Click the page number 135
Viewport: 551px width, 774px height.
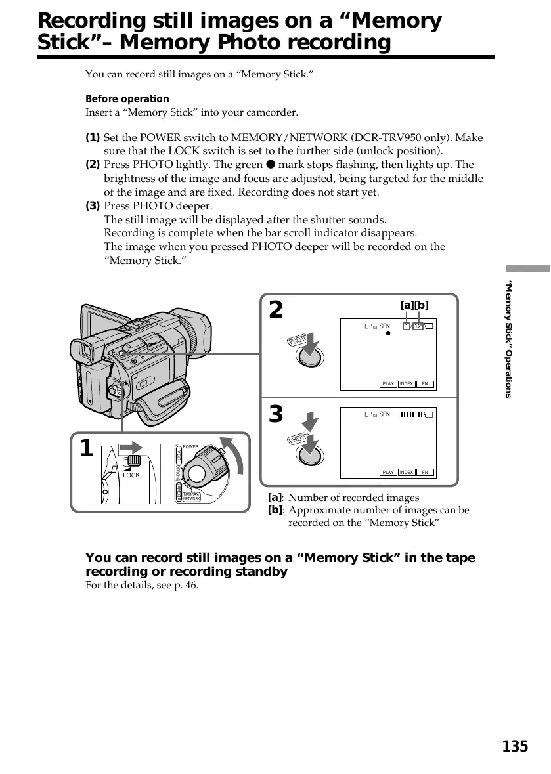click(515, 746)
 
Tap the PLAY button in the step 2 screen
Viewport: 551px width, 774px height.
click(388, 384)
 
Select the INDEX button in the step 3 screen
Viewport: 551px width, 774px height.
click(407, 472)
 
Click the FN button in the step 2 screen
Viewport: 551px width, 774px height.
click(425, 384)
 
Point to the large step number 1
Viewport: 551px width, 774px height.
click(85, 450)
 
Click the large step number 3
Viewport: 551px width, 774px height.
click(276, 415)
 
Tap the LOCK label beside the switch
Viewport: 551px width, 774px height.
click(131, 475)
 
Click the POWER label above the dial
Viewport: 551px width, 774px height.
click(190, 447)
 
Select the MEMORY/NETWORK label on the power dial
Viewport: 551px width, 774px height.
click(191, 497)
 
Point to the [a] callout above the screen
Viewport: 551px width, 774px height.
click(407, 305)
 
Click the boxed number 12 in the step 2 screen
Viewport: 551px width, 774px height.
click(418, 326)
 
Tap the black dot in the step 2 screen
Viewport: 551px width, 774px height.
click(388, 333)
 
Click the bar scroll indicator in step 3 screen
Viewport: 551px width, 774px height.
click(412, 414)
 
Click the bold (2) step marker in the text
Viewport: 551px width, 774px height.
click(93, 165)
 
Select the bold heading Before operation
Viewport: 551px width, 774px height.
click(127, 99)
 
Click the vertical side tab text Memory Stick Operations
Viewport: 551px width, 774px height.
click(508, 339)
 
